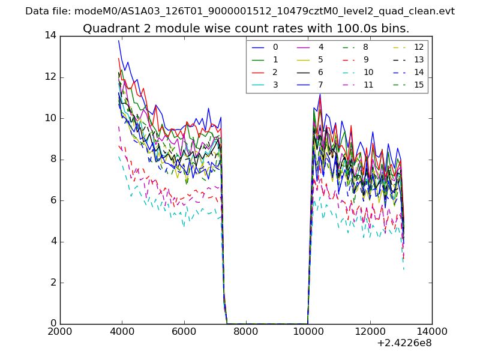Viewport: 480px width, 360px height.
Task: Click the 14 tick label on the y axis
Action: (50, 35)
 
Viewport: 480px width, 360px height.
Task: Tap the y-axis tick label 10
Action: (50, 118)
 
